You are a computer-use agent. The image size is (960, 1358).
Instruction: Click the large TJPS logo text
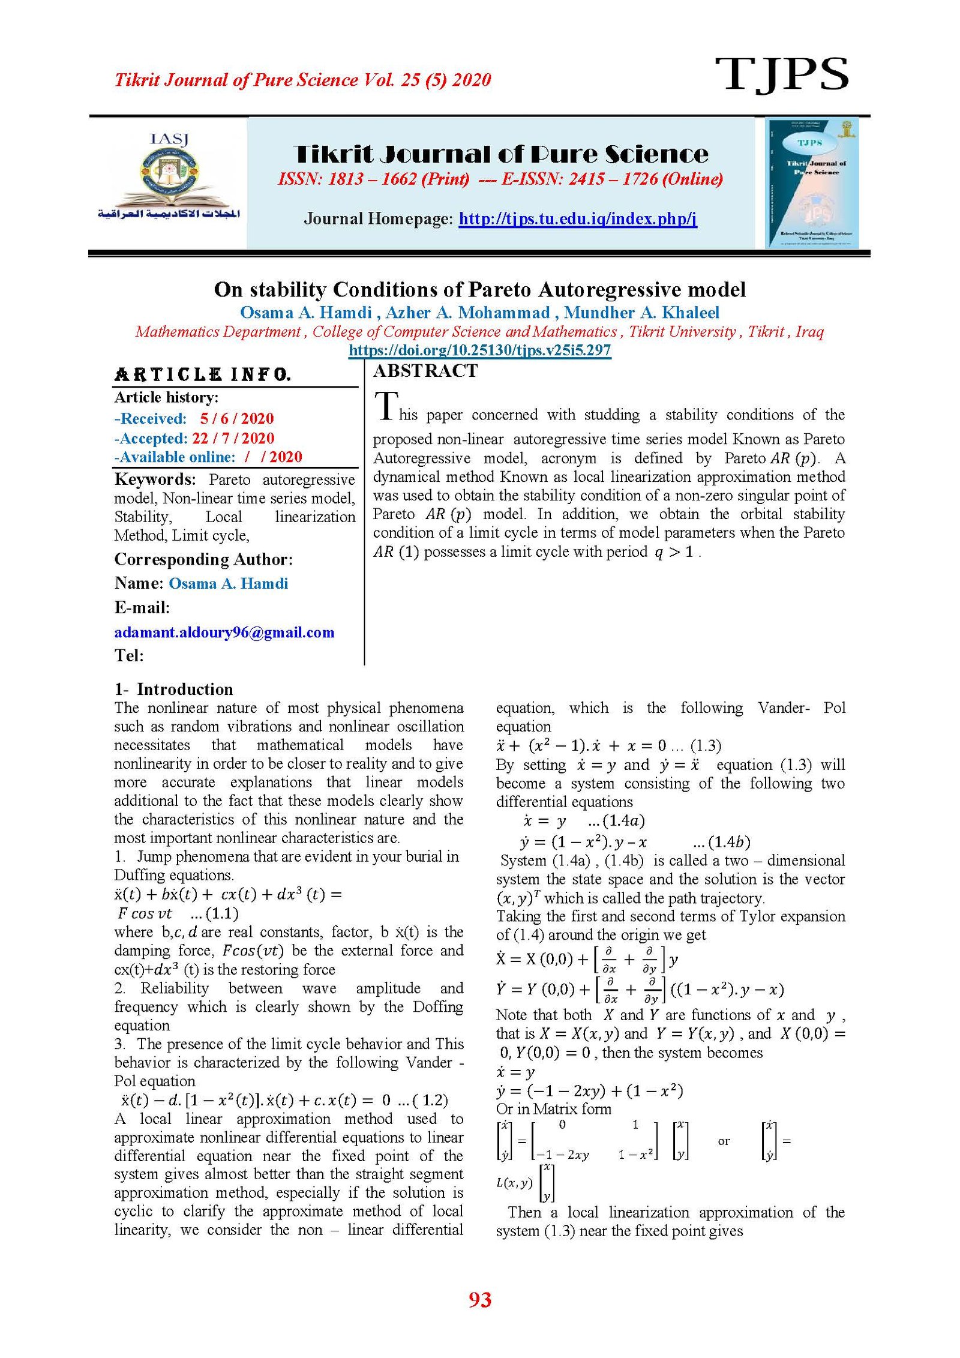781,74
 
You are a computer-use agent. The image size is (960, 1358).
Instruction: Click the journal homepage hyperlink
577,218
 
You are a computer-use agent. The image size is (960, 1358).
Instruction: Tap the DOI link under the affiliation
479,350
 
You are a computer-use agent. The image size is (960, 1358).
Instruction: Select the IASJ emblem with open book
169,178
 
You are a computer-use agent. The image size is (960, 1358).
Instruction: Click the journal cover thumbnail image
812,183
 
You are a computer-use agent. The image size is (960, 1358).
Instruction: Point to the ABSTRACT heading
425,371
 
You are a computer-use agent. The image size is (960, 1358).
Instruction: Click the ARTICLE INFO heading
203,375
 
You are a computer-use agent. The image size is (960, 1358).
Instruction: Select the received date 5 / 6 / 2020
237,418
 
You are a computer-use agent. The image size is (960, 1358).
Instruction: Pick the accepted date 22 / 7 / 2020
233,438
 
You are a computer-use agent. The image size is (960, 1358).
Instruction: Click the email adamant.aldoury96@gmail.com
224,632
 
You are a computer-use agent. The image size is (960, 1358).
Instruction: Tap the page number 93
480,1300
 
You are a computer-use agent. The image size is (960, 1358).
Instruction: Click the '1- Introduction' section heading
174,689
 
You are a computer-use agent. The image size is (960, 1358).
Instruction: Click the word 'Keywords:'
155,479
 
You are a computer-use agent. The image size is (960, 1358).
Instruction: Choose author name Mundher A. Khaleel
641,313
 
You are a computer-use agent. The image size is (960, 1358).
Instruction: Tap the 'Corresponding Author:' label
203,559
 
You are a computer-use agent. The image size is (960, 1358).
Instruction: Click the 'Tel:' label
129,655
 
